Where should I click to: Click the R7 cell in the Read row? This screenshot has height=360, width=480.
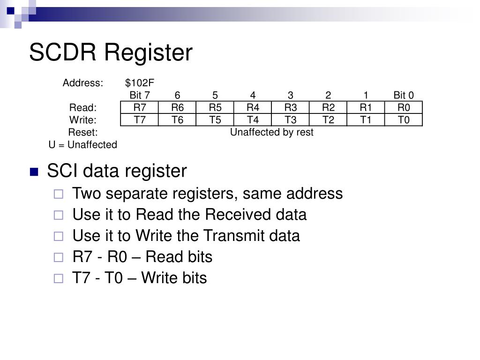pyautogui.click(x=140, y=107)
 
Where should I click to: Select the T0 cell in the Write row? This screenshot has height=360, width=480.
pyautogui.click(x=404, y=120)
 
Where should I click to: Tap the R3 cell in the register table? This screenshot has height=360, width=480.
pyautogui.click(x=291, y=107)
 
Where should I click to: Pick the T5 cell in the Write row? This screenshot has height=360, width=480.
pyautogui.click(x=215, y=120)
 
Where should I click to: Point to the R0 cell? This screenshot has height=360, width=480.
pyautogui.click(x=404, y=107)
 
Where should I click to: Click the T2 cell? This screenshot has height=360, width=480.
pyautogui.click(x=328, y=120)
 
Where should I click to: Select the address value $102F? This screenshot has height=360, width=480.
pyautogui.click(x=140, y=82)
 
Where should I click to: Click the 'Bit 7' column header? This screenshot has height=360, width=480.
pyautogui.click(x=140, y=95)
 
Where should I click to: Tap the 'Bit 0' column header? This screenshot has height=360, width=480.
pyautogui.click(x=404, y=95)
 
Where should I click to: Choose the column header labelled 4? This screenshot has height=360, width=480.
pyautogui.click(x=253, y=95)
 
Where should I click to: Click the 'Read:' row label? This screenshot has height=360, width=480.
pyautogui.click(x=83, y=107)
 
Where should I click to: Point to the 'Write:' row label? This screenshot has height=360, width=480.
pyautogui.click(x=83, y=120)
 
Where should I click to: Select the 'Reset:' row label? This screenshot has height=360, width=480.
pyautogui.click(x=83, y=132)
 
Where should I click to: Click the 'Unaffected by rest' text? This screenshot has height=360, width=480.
pyautogui.click(x=272, y=132)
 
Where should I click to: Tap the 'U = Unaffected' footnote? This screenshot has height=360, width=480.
pyautogui.click(x=83, y=144)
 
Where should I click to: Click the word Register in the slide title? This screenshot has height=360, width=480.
pyautogui.click(x=149, y=53)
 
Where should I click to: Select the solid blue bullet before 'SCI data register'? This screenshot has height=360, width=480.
pyautogui.click(x=34, y=172)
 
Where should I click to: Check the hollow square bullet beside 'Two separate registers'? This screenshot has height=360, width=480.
pyautogui.click(x=59, y=194)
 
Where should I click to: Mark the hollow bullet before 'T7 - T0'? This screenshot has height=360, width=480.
pyautogui.click(x=59, y=278)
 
